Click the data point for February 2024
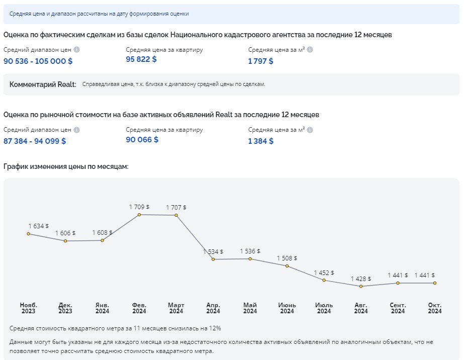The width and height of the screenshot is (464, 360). click(139, 215)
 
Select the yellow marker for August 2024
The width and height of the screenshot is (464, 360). click(361, 287)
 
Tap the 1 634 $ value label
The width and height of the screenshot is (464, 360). click(39, 226)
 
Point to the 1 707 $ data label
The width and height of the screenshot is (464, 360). click(176, 207)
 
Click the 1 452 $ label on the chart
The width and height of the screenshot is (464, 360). click(324, 273)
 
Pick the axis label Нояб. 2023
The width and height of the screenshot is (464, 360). click(28, 308)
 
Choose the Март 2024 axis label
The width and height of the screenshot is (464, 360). click(176, 308)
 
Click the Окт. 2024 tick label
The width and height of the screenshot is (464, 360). click(434, 308)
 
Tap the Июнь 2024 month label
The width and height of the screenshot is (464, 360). click(287, 308)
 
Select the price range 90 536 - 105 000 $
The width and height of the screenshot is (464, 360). click(38, 61)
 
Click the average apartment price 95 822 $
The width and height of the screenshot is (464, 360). click(141, 59)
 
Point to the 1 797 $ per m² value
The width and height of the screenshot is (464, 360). click(261, 61)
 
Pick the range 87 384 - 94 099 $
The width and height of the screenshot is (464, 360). click(35, 141)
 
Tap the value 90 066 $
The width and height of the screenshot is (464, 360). click(142, 139)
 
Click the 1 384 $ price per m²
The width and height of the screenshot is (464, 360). click(261, 141)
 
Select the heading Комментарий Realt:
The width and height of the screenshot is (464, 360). click(43, 84)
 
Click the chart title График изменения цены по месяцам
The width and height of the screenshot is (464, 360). click(66, 166)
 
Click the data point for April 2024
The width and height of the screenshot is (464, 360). click(213, 259)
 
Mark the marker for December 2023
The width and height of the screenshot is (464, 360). click(65, 241)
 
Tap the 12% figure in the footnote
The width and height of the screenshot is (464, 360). click(216, 328)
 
